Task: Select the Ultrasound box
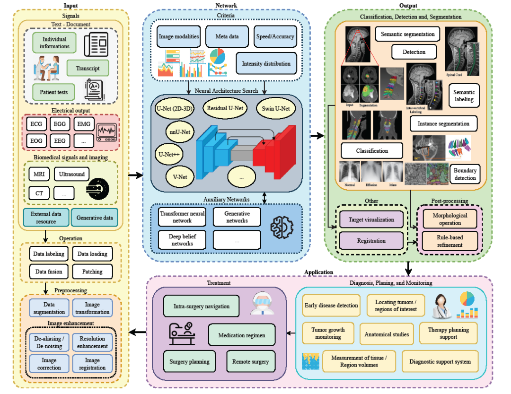pyautogui.click(x=71, y=174)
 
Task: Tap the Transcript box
pyautogui.click(x=88, y=68)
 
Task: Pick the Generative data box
pyautogui.click(x=95, y=218)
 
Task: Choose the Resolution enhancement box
pyautogui.click(x=92, y=342)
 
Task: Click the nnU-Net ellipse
pyautogui.click(x=180, y=131)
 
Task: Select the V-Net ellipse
pyautogui.click(x=180, y=177)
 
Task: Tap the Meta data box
pyautogui.click(x=227, y=36)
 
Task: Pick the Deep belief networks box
pyautogui.click(x=181, y=240)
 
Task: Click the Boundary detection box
pyautogui.click(x=464, y=174)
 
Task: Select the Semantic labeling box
pyautogui.click(x=464, y=96)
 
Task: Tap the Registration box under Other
pyautogui.click(x=371, y=241)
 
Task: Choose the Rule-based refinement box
pyautogui.click(x=449, y=242)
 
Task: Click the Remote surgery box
pyautogui.click(x=250, y=362)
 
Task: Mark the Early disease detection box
pyautogui.click(x=331, y=306)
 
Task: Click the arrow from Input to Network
pyautogui.click(x=135, y=175)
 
